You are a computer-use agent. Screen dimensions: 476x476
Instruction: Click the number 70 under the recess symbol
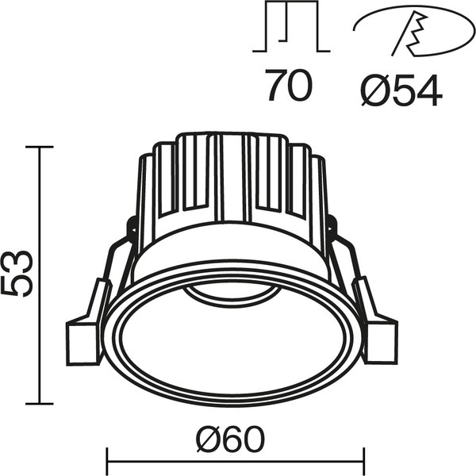(x=289, y=87)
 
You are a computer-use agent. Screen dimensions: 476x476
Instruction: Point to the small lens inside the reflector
(x=230, y=294)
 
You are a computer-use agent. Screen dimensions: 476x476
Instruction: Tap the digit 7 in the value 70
(x=275, y=87)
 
